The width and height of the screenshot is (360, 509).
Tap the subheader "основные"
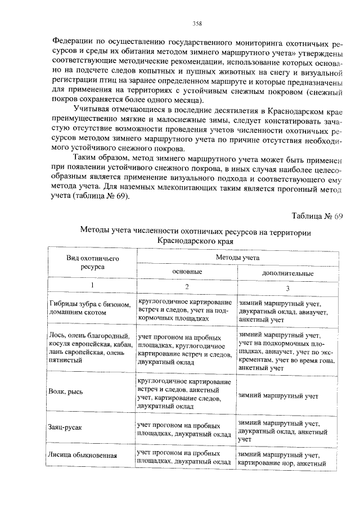point(186,271)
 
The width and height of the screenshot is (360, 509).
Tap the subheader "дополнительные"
point(287,273)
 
